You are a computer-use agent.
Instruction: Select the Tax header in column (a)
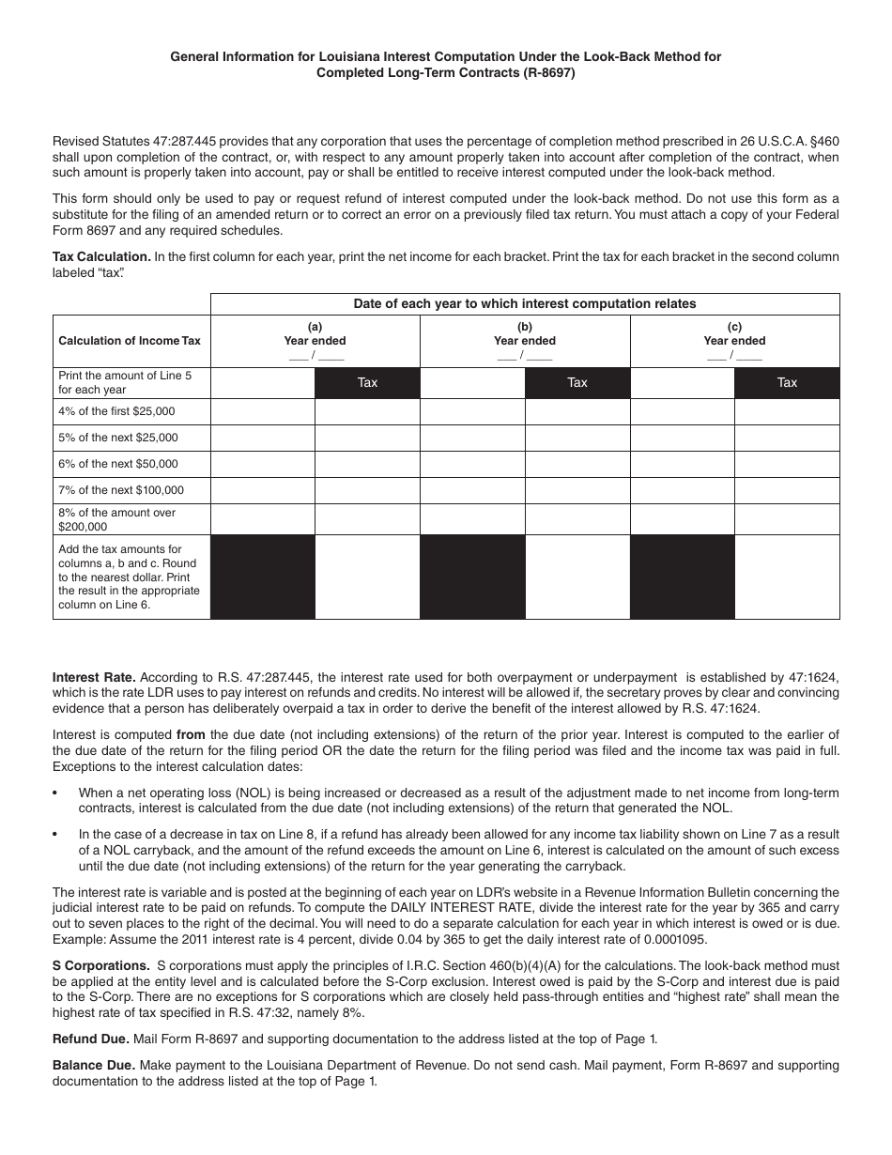[x=367, y=382]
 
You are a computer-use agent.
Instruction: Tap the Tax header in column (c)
[x=787, y=382]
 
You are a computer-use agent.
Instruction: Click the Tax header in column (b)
[x=577, y=382]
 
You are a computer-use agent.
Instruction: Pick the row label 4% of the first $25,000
[x=116, y=411]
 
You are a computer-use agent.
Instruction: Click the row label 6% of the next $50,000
[x=117, y=464]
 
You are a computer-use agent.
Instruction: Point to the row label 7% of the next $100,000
[x=121, y=490]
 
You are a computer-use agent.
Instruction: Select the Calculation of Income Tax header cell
[x=130, y=341]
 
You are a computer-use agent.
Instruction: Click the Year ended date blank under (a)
[x=315, y=356]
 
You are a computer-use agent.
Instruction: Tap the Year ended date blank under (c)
[x=735, y=356]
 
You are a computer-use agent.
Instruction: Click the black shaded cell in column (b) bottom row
[x=472, y=577]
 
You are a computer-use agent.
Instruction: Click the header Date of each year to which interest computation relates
[x=525, y=303]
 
